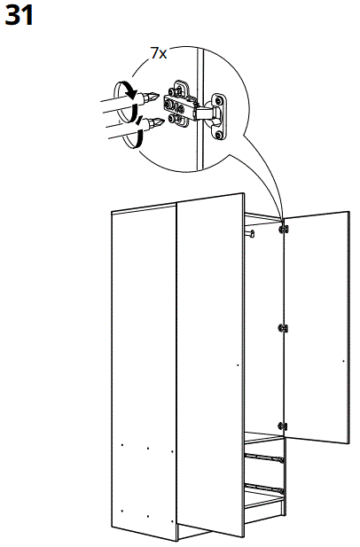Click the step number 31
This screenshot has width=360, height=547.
tap(20, 15)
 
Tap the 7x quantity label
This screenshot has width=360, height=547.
tap(159, 53)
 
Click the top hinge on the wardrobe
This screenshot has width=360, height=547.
tap(284, 229)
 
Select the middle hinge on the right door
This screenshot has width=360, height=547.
tap(283, 328)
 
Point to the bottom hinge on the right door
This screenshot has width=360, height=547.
tap(283, 426)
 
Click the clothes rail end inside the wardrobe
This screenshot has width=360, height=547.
tap(254, 235)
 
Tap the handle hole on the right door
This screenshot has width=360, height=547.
tap(341, 362)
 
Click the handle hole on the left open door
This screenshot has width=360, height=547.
tap(237, 364)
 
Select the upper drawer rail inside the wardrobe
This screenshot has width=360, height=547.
tap(264, 457)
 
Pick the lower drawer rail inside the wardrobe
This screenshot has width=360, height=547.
tap(264, 487)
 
